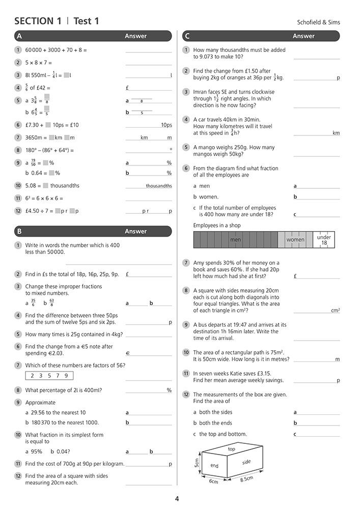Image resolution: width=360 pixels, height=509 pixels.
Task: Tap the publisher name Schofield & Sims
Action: point(318,22)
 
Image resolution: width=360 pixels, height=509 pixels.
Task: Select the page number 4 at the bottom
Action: point(177,499)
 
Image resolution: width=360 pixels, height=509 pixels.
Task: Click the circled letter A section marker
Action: point(19,36)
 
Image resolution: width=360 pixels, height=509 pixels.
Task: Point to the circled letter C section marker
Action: point(187,36)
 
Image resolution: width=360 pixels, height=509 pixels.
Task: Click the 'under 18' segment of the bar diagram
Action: point(324,240)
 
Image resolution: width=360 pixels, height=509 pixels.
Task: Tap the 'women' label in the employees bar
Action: point(295,240)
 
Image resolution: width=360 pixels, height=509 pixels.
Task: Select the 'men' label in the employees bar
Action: point(235,240)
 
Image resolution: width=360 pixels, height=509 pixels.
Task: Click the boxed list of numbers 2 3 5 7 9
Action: point(49,376)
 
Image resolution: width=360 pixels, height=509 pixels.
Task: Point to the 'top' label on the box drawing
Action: point(231,449)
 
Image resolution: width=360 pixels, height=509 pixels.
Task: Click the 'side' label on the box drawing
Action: point(246,462)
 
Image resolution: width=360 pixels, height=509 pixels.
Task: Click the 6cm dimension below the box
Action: point(214,481)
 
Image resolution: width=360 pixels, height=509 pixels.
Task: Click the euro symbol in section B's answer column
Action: point(127,353)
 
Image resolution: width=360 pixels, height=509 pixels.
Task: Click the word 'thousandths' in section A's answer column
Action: point(159,186)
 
